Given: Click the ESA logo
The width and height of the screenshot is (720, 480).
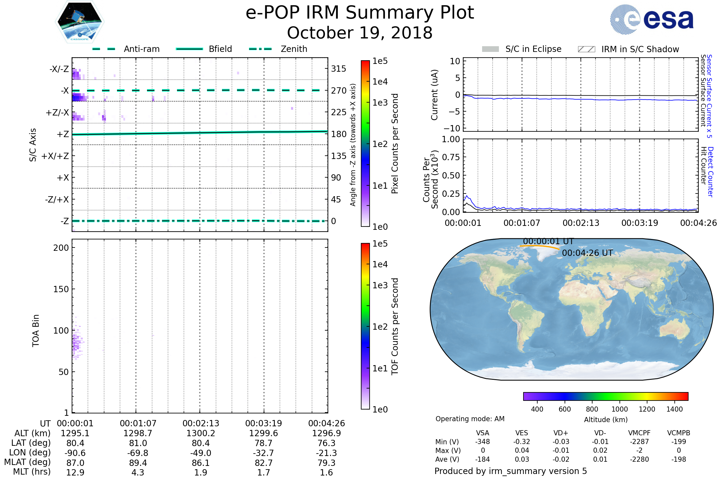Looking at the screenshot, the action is tap(652, 19).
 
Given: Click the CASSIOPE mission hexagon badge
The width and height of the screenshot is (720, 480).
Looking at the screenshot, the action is tap(79, 22).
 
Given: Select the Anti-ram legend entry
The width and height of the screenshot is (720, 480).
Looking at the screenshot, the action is tap(126, 49).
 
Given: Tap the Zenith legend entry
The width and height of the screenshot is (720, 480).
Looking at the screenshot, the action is tap(278, 49).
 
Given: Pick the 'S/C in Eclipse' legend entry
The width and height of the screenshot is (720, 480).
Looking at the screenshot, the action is tap(522, 49).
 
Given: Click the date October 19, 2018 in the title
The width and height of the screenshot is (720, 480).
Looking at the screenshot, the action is tap(360, 33).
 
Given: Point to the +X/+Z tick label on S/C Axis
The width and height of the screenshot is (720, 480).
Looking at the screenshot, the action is tap(55, 156).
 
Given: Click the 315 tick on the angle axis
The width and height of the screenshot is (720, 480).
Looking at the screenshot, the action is tap(339, 69).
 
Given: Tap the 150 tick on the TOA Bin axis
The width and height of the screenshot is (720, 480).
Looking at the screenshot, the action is tap(61, 289).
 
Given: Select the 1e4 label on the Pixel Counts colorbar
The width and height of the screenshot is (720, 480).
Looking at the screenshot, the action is tap(380, 82).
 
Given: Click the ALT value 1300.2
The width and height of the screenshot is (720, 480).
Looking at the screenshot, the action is tap(201, 433).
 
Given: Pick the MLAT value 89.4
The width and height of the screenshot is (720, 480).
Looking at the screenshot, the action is tap(138, 463).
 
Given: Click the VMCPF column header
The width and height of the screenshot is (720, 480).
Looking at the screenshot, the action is tap(639, 433).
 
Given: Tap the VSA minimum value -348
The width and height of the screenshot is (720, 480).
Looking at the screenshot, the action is tap(482, 442).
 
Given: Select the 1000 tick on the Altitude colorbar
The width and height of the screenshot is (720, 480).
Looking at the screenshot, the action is tap(619, 409).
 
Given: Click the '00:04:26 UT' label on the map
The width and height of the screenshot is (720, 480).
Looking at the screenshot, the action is tap(587, 253).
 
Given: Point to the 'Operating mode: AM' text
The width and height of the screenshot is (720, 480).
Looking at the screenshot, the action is tap(470, 419).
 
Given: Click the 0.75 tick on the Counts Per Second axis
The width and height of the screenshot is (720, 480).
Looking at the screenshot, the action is tap(451, 157).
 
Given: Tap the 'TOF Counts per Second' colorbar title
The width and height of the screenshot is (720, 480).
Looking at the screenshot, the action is tap(395, 326).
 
